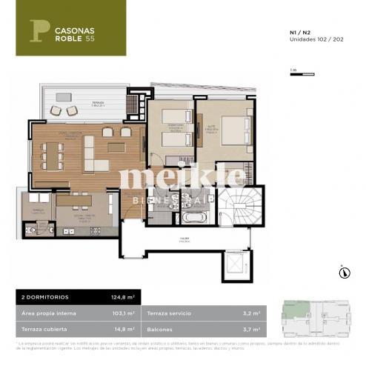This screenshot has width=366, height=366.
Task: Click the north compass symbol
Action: tap(344, 272)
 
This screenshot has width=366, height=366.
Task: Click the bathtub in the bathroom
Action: tap(193, 218)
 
